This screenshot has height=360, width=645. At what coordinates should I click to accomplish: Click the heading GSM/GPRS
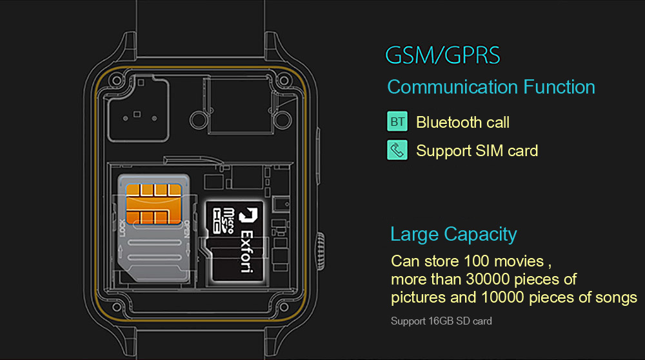tap(442, 55)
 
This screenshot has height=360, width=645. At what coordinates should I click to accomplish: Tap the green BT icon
tap(397, 121)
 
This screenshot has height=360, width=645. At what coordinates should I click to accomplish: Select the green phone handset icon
tap(397, 150)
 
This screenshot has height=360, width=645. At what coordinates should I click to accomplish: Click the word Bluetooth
tap(448, 122)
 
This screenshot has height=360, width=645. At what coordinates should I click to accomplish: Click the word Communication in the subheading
tap(452, 87)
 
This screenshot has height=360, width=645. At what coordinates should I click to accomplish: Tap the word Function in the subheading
tap(559, 87)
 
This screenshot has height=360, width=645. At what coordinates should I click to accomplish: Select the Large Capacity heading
tap(453, 234)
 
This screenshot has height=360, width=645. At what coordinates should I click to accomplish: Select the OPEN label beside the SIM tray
tap(186, 230)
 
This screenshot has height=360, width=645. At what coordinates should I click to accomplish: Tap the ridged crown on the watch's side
tap(319, 246)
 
